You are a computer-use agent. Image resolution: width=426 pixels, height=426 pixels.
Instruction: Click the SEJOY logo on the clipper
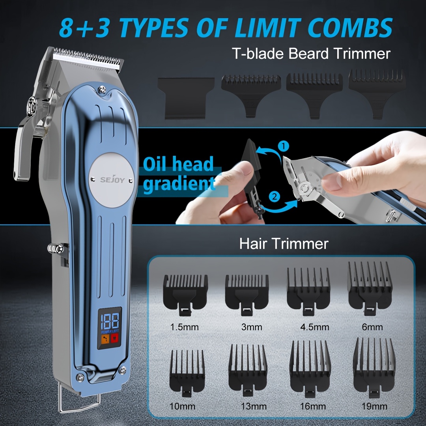point(112,179)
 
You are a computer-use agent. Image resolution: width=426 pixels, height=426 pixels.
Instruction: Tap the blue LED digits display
point(110,321)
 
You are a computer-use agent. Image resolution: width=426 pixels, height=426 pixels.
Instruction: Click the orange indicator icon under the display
point(105,339)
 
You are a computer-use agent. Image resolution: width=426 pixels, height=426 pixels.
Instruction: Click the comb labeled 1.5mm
point(185,295)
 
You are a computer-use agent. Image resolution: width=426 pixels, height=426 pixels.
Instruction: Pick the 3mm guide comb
point(247,295)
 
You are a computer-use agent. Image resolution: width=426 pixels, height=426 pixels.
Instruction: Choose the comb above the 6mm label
point(370,288)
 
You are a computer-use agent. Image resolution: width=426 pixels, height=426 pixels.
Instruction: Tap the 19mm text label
point(374,406)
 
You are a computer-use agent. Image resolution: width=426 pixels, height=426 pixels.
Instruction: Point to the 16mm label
point(313,406)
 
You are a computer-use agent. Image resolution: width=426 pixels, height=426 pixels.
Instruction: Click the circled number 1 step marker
point(283,146)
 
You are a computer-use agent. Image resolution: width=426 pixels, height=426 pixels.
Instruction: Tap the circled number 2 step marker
point(274,196)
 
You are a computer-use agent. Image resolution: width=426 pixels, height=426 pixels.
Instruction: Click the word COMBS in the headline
point(350,28)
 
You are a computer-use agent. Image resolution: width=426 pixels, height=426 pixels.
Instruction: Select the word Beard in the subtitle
point(309,53)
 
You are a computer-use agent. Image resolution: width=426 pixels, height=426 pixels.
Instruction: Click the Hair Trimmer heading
point(284,243)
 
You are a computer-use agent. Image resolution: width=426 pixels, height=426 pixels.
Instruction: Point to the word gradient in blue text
point(179,184)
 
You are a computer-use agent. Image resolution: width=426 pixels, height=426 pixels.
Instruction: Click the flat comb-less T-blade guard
point(186,98)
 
